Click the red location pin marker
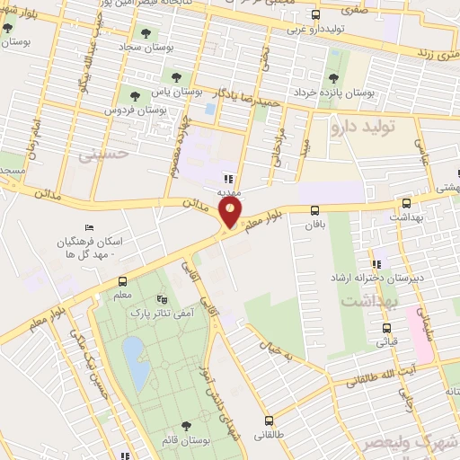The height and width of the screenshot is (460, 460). click(x=232, y=213)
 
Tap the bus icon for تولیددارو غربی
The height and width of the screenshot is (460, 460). click(x=314, y=14)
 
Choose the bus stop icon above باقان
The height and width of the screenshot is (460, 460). click(x=314, y=210)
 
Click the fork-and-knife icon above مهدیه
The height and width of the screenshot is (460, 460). click(x=229, y=178)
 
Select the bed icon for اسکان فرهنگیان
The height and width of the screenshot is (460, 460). click(x=87, y=228)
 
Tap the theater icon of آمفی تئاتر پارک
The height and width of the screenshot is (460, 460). click(x=161, y=299)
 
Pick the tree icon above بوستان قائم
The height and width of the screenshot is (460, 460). click(x=186, y=425)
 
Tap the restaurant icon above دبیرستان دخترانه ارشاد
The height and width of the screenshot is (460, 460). click(x=378, y=264)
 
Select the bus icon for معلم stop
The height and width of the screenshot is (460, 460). click(x=122, y=279)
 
